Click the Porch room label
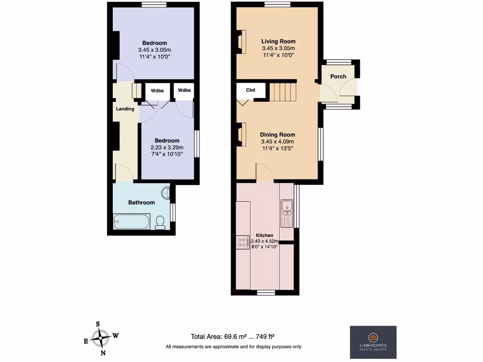338,76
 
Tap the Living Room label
278,41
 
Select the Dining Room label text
277,134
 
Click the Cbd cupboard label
250,90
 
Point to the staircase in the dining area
282,92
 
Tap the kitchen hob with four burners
242,242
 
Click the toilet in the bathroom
160,222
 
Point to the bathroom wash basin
166,193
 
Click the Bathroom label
142,203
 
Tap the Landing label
125,109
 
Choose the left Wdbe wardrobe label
157,90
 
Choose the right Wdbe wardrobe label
184,90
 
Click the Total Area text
233,337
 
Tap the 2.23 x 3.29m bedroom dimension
167,147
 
